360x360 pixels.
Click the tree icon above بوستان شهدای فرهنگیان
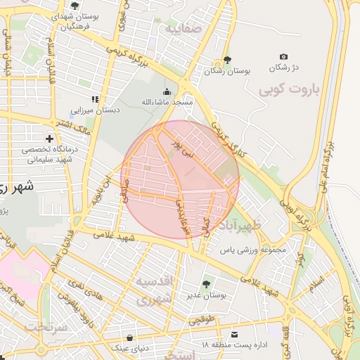(75, 6)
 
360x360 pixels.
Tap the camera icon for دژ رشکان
(283, 56)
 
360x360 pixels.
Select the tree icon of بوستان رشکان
(226, 60)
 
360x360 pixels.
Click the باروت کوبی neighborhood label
(289, 90)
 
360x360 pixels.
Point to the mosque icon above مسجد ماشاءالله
(167, 91)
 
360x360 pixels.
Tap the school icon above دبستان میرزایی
(95, 99)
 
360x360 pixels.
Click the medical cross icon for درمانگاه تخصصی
(49, 139)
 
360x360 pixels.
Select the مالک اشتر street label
(77, 127)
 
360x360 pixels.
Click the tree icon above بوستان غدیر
(205, 284)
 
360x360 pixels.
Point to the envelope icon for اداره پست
(234, 334)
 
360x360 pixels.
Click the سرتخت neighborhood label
(45, 327)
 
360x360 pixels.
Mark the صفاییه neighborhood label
(184, 30)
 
